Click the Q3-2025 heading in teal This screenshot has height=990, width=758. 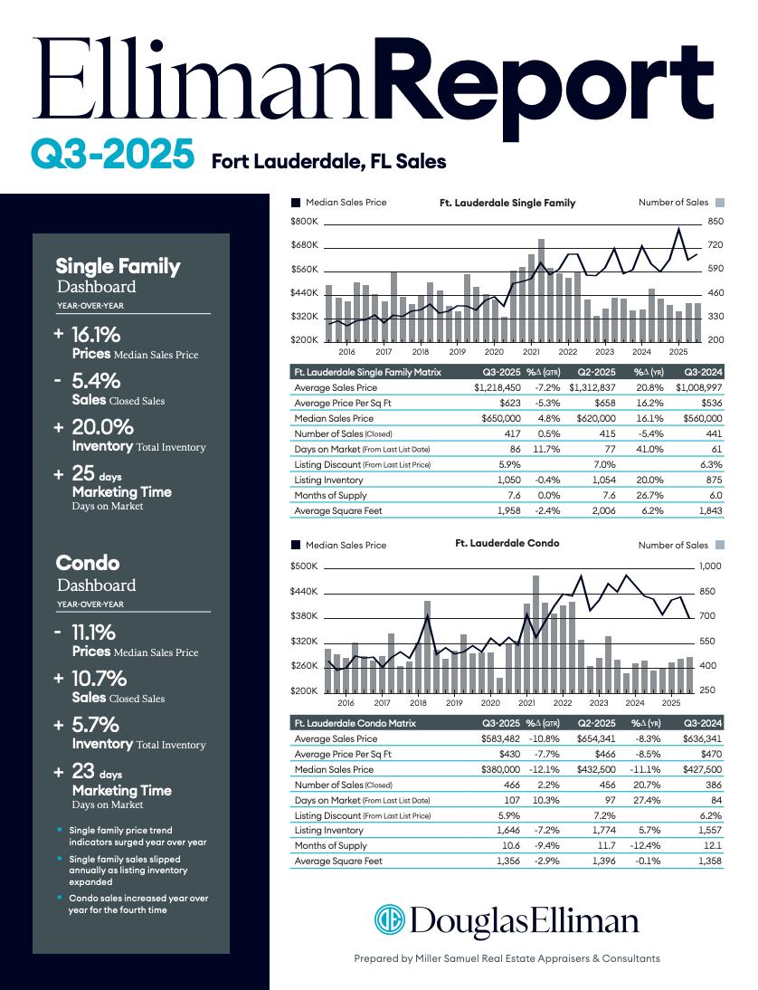click(112, 155)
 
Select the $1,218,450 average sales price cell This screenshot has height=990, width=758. click(497, 388)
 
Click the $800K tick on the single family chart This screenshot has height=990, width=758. click(304, 222)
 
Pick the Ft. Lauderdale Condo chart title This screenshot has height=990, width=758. click(507, 544)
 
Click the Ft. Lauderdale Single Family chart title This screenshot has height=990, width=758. click(507, 203)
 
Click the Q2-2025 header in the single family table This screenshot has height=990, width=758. click(596, 372)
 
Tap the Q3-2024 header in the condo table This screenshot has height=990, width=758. click(703, 723)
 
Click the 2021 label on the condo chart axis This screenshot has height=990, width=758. click(526, 702)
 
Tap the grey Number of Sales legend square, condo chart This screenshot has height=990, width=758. click(720, 545)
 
